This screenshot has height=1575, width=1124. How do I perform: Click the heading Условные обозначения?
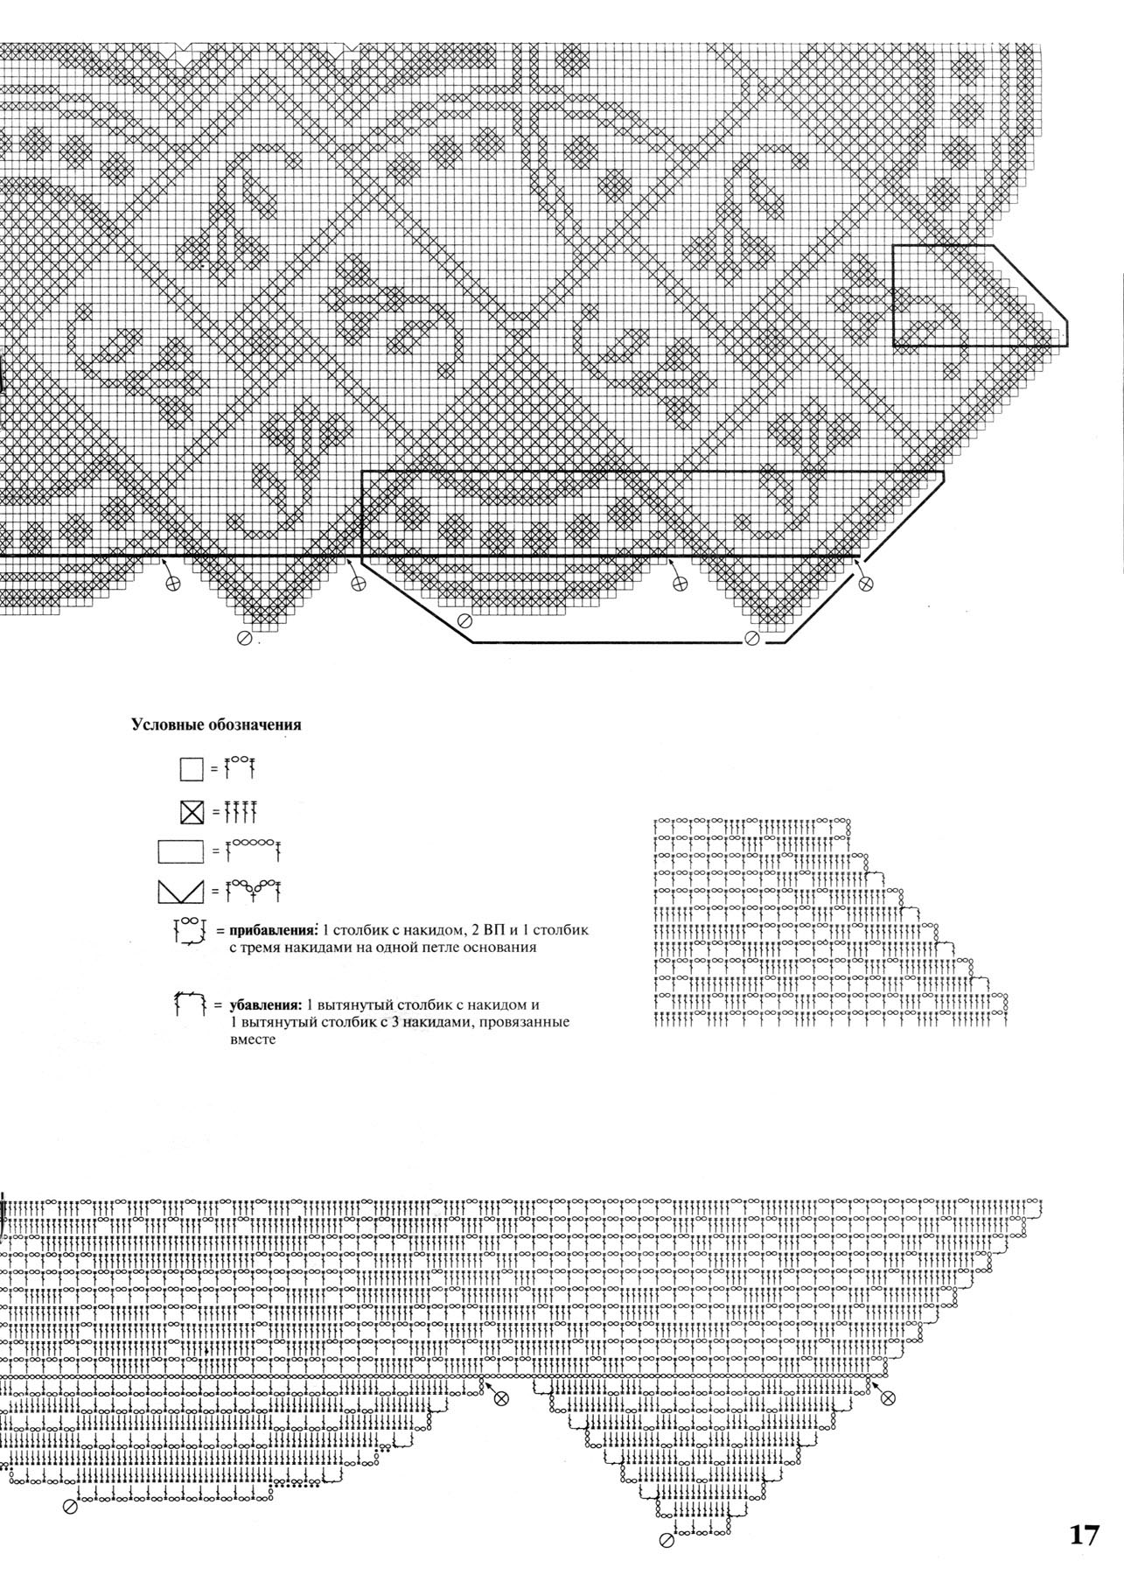[216, 724]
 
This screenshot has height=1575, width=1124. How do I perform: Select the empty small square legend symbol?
[192, 769]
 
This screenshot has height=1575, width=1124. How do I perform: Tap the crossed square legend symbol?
[192, 813]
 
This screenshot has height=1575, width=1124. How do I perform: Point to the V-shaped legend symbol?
[181, 892]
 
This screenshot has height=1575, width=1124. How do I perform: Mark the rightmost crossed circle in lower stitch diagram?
[888, 1399]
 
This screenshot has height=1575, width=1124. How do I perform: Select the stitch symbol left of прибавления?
[190, 932]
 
